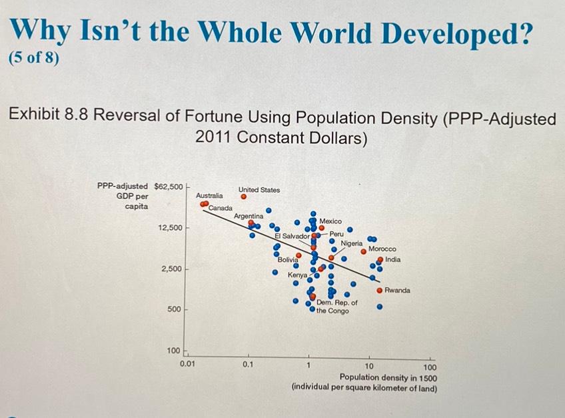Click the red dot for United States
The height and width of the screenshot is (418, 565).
pyautogui.click(x=244, y=197)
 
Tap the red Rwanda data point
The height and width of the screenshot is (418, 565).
pyautogui.click(x=380, y=291)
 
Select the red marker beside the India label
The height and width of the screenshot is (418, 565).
pyautogui.click(x=380, y=259)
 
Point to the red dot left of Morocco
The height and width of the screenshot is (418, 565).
pyautogui.click(x=364, y=251)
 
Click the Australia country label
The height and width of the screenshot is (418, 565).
pyautogui.click(x=209, y=196)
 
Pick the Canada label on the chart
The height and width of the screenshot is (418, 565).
pyautogui.click(x=221, y=209)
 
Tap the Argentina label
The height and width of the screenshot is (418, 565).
pyautogui.click(x=249, y=217)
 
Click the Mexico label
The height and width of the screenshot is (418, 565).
pyautogui.click(x=331, y=221)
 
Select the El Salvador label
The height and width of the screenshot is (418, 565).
pyautogui.click(x=292, y=236)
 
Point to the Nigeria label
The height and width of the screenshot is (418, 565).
pyautogui.click(x=352, y=243)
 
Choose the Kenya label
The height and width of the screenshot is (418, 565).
pyautogui.click(x=297, y=275)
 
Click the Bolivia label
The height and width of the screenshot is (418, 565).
pyautogui.click(x=288, y=259)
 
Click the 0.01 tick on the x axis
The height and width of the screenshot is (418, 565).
pyautogui.click(x=188, y=365)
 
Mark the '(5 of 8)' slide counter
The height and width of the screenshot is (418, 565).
pyautogui.click(x=33, y=58)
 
